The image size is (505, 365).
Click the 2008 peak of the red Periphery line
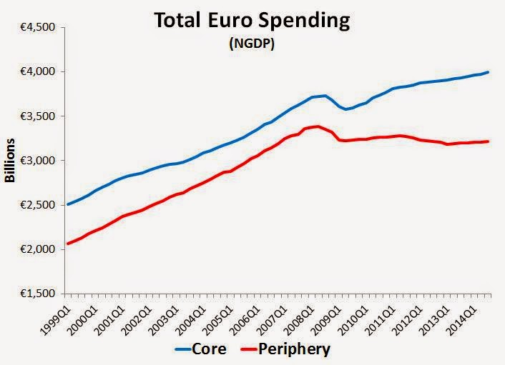pos(318,126)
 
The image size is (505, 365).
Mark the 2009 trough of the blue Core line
pos(346,109)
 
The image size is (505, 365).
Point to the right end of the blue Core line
pos(489,72)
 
